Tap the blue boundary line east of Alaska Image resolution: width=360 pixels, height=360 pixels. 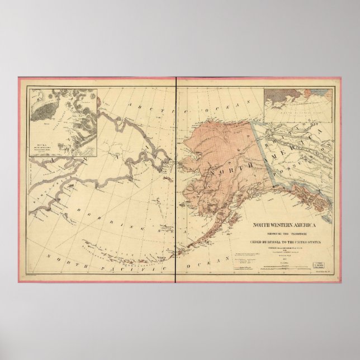coord(263,157)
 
